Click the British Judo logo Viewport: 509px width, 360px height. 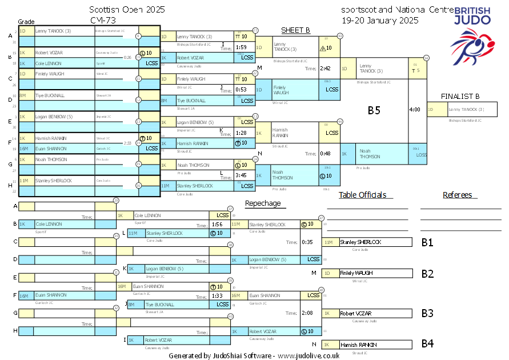(x=471, y=31)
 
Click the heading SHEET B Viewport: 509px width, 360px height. (x=295, y=30)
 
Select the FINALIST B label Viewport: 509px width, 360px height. (x=460, y=96)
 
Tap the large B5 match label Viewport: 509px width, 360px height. (x=374, y=110)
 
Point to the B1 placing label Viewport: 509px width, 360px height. (x=427, y=242)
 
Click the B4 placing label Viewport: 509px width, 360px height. (x=427, y=344)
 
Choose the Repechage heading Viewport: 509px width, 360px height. (x=263, y=203)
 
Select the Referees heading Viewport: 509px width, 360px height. (x=458, y=195)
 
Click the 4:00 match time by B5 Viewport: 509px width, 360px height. (x=415, y=109)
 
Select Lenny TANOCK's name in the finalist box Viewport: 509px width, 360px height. (x=466, y=110)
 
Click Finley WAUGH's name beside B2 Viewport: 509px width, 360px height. (x=356, y=273)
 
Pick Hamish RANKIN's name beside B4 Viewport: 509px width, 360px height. (x=358, y=345)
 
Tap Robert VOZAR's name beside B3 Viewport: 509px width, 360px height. (x=356, y=314)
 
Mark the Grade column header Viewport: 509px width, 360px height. (x=26, y=21)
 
